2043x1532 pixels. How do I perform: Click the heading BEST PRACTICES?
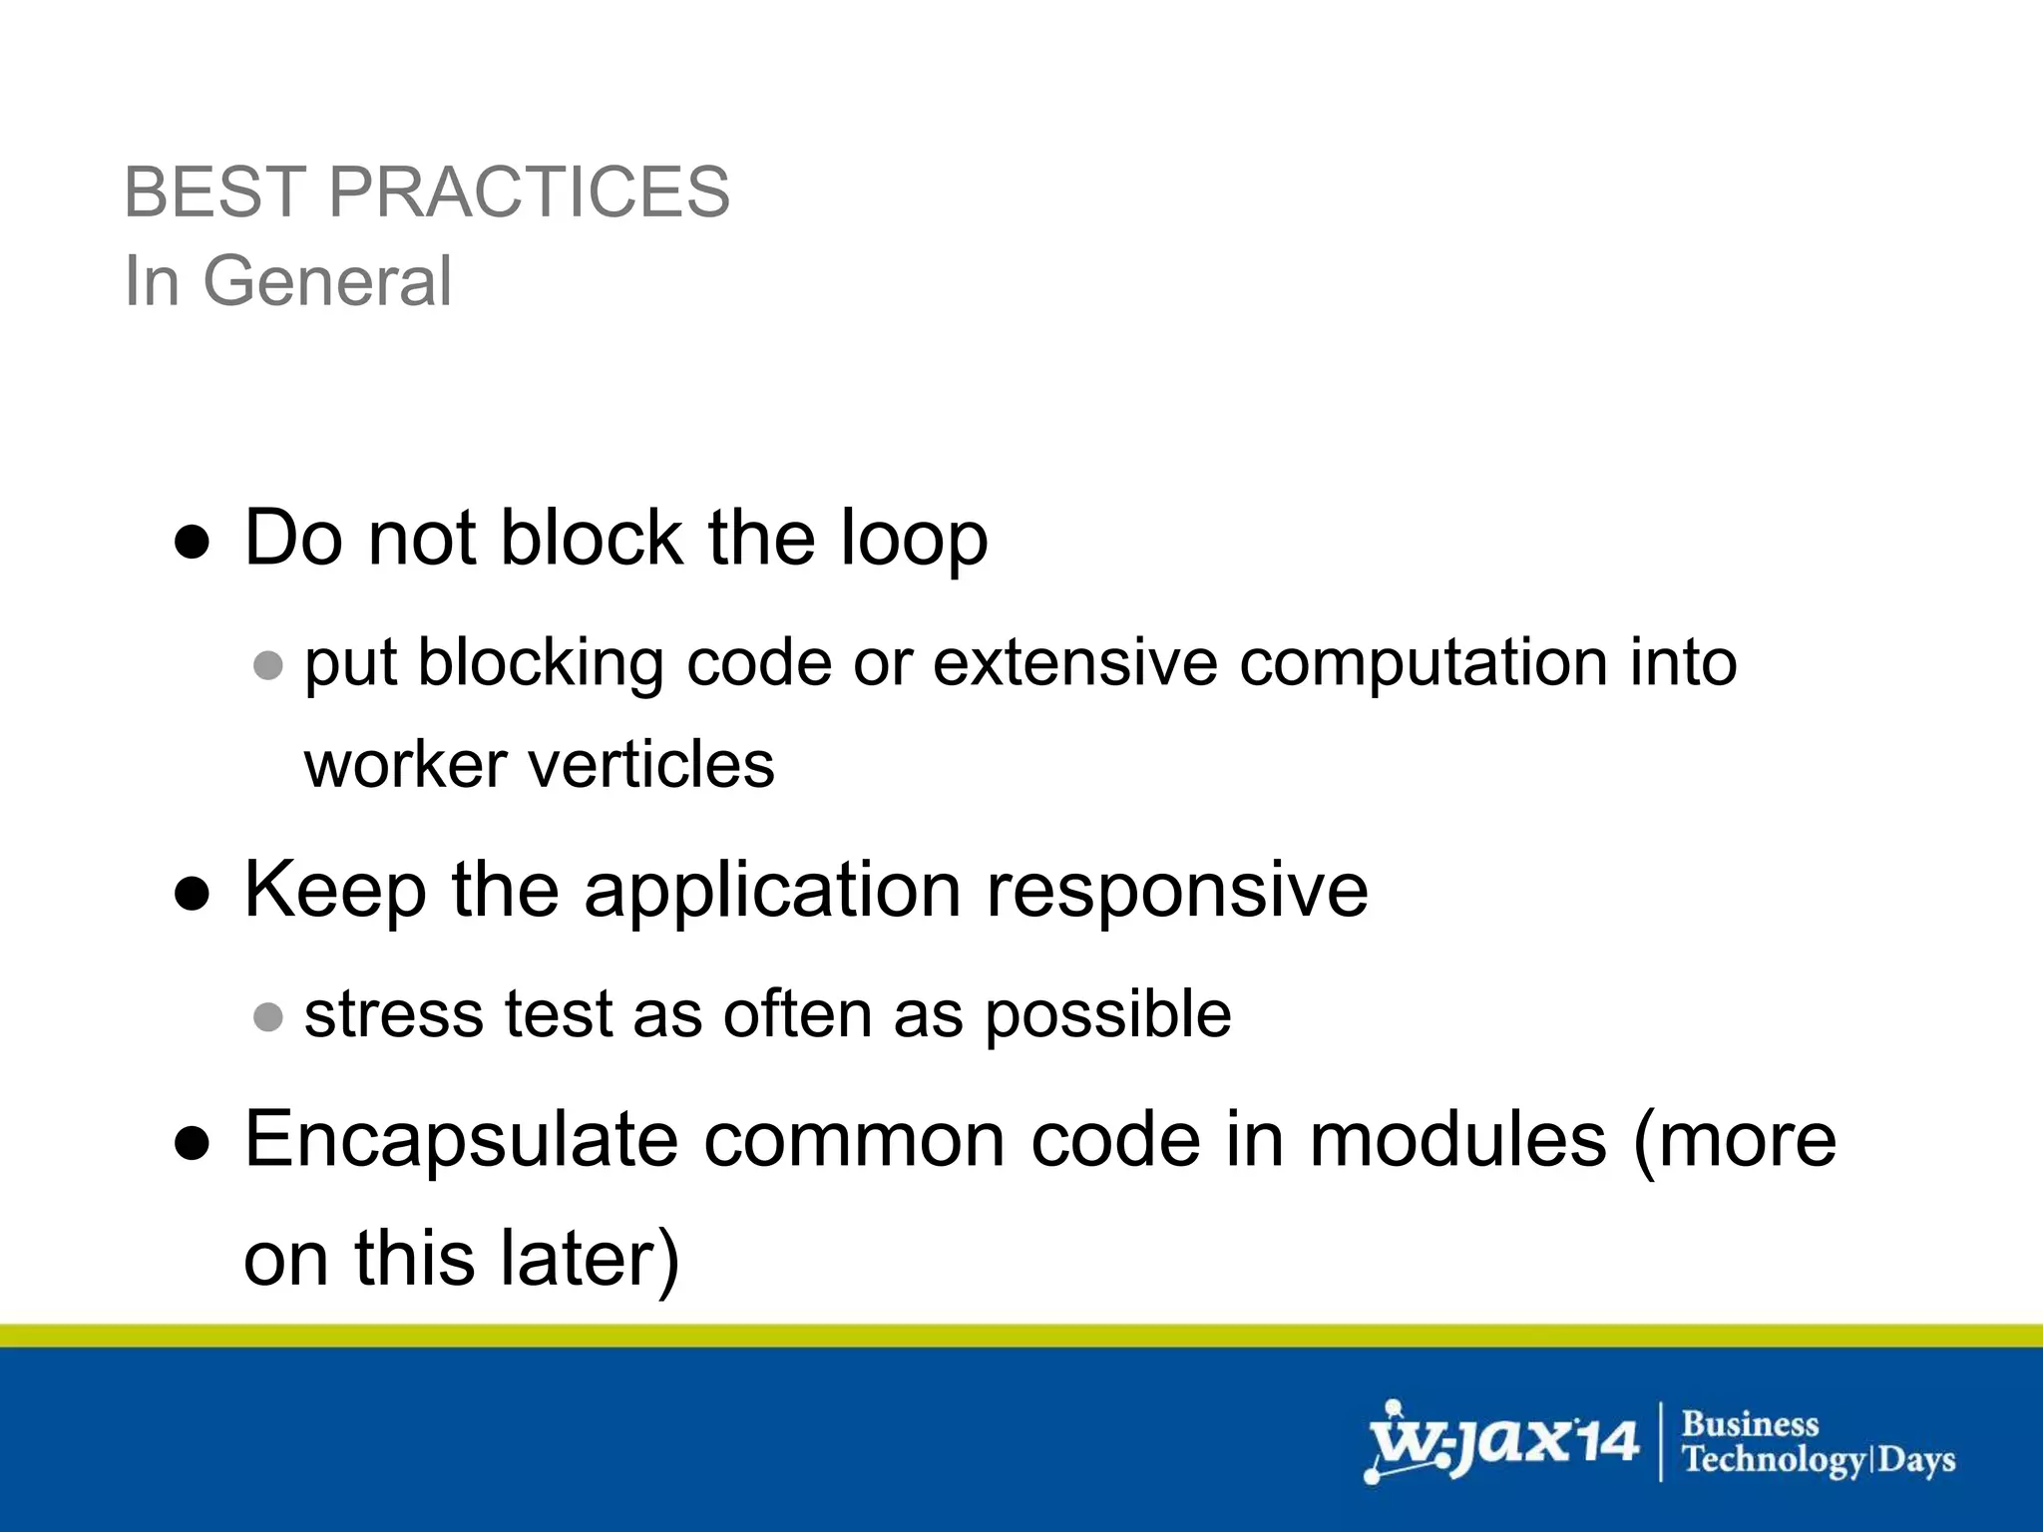click(x=427, y=191)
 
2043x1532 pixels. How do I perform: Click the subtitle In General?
click(x=287, y=281)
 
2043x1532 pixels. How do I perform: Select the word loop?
click(x=914, y=540)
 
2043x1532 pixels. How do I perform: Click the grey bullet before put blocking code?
click(x=267, y=665)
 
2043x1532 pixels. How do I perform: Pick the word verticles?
click(x=650, y=765)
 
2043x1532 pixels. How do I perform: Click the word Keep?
click(x=335, y=891)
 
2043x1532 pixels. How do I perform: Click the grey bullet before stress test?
click(x=267, y=1016)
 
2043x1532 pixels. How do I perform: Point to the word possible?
click(x=1107, y=1015)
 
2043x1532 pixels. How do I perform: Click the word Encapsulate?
click(x=461, y=1140)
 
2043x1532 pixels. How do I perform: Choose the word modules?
click(x=1457, y=1140)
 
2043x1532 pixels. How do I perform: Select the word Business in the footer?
click(x=1750, y=1423)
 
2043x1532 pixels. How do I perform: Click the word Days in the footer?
click(x=1916, y=1460)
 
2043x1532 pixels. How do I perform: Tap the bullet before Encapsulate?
click(x=192, y=1144)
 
